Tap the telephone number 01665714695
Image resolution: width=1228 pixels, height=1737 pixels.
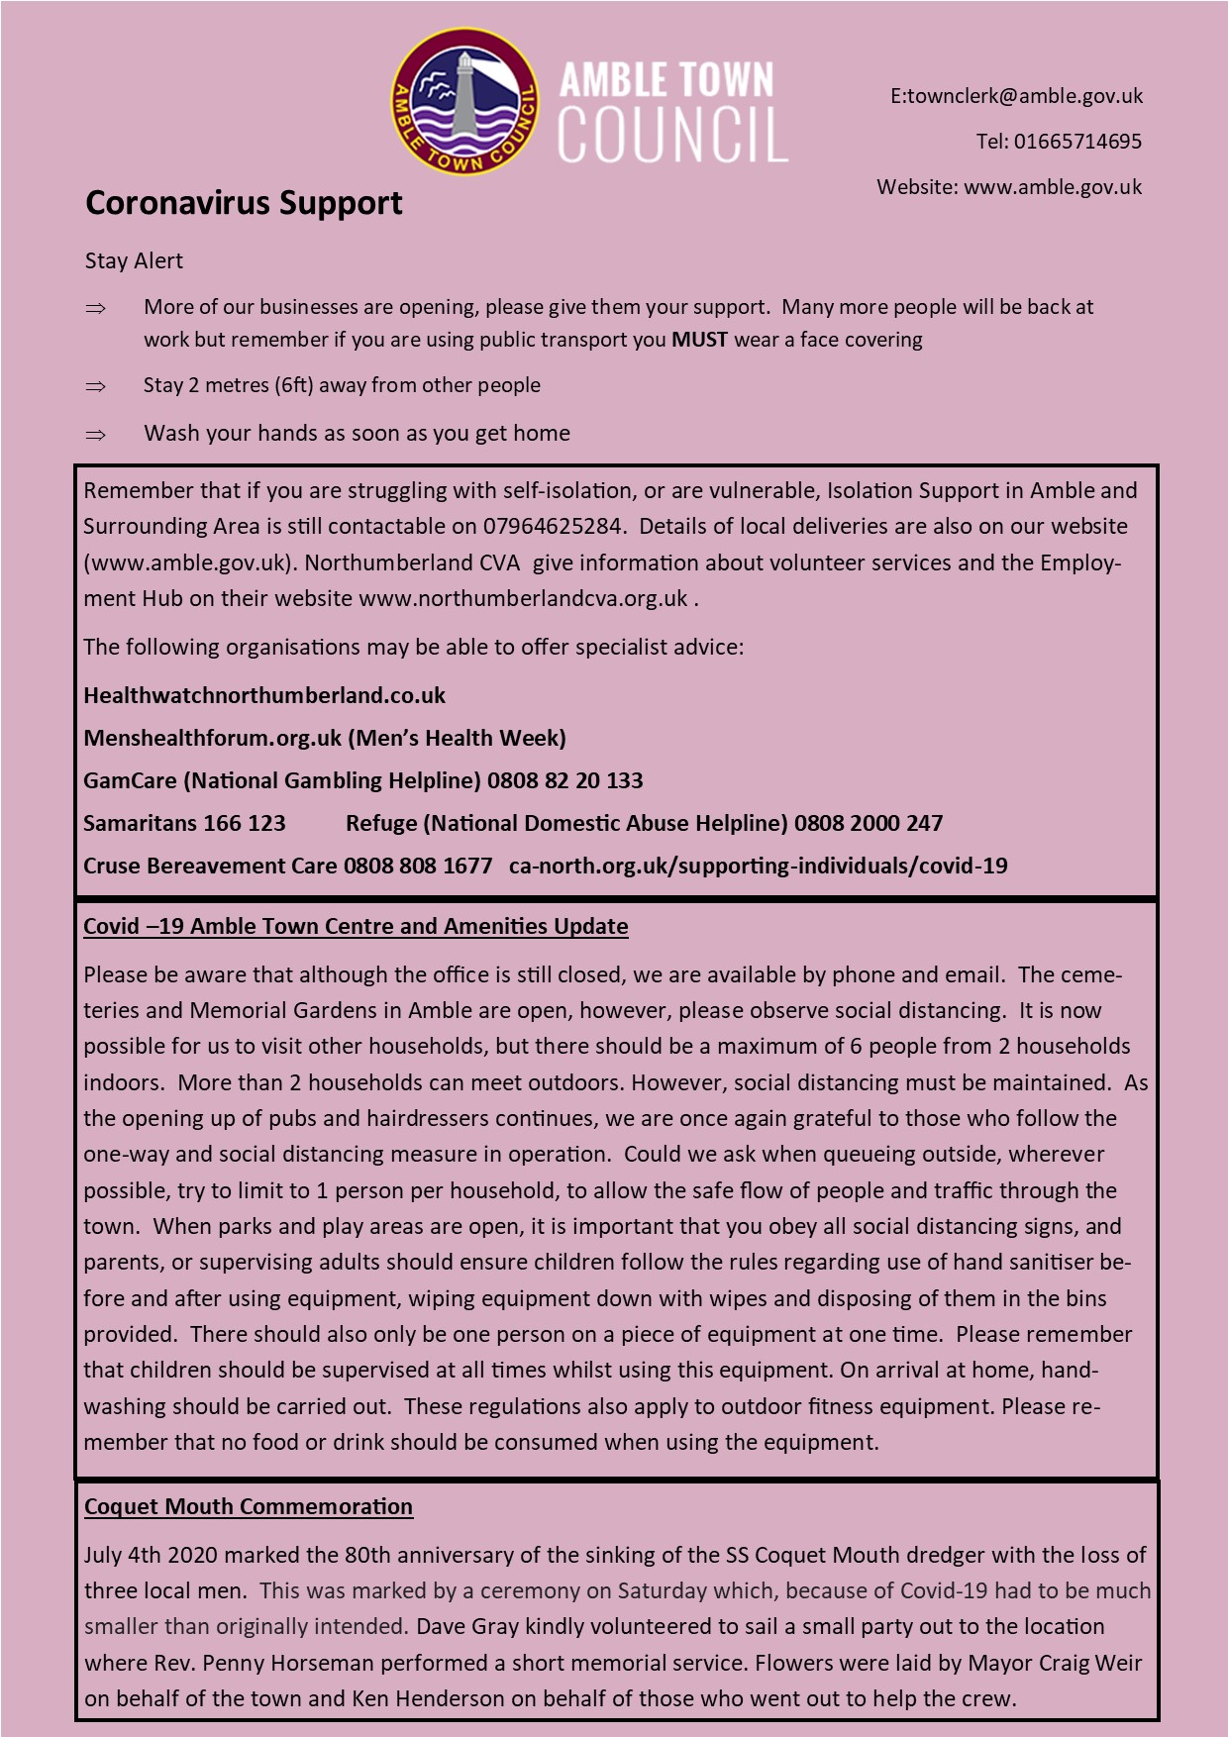(x=1077, y=142)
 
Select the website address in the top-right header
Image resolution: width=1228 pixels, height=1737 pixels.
(x=1053, y=187)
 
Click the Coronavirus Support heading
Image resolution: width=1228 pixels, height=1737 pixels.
(x=244, y=203)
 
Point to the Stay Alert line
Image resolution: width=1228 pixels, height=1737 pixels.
(x=134, y=260)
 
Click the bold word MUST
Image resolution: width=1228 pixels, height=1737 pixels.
(x=699, y=340)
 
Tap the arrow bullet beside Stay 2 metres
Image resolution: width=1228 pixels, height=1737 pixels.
(x=96, y=386)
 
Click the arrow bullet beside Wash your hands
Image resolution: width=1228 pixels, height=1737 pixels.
(x=96, y=434)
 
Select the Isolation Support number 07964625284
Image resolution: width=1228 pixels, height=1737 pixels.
(x=553, y=526)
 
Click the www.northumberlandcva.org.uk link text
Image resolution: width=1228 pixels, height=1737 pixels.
(x=523, y=598)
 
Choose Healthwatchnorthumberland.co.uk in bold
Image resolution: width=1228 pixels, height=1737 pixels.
(x=264, y=695)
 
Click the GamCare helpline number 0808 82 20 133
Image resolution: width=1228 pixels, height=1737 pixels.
(x=564, y=780)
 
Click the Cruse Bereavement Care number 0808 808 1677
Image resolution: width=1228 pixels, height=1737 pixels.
(x=418, y=866)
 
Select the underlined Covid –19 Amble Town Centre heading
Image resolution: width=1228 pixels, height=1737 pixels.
(x=356, y=926)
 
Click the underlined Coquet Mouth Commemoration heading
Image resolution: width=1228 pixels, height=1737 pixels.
(x=249, y=1506)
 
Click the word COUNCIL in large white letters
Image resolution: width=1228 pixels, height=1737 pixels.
(x=672, y=134)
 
